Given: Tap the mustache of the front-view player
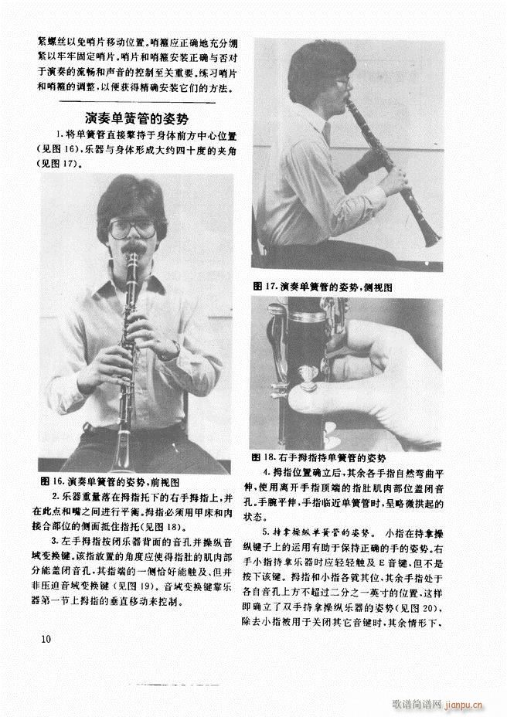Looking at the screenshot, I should point(134,249).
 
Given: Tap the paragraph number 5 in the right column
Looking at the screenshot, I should point(265,532).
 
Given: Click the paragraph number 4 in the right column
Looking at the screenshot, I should point(265,471).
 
